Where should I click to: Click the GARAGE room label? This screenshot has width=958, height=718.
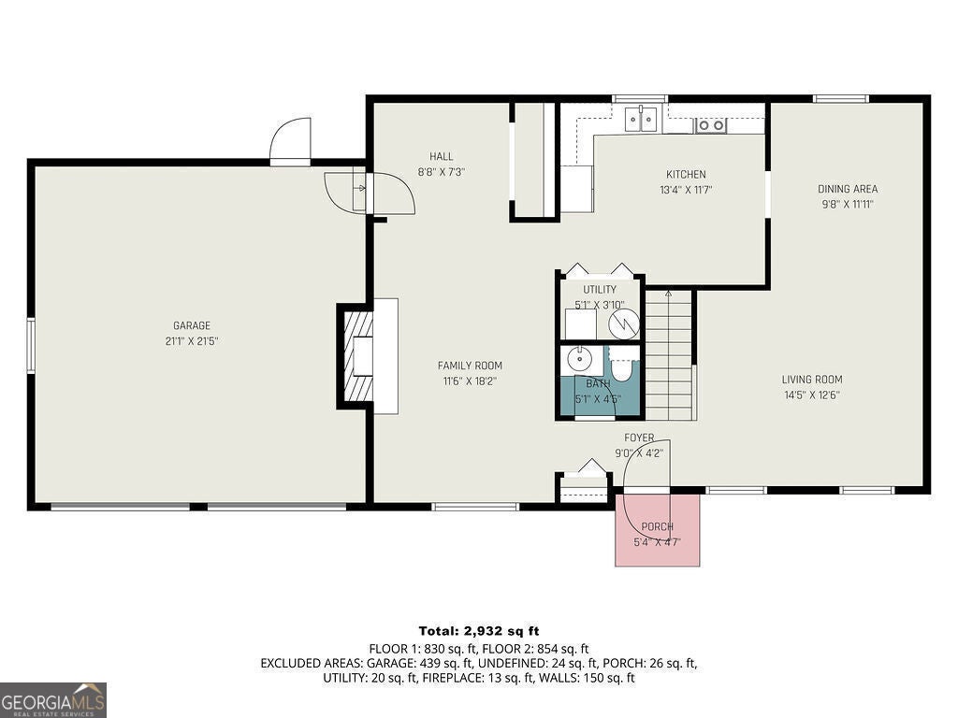tap(192, 325)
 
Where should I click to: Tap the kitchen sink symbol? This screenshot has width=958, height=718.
tap(640, 119)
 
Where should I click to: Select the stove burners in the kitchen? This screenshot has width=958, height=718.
tap(711, 125)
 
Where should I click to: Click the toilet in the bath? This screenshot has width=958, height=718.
tap(622, 367)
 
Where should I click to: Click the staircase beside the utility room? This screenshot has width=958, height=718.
tap(669, 354)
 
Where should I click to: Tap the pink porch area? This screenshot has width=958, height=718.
tap(657, 530)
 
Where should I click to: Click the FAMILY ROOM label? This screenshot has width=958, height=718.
tap(470, 366)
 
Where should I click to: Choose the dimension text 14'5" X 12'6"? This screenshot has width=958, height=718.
tap(812, 395)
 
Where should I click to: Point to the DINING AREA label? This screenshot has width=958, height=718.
tap(848, 189)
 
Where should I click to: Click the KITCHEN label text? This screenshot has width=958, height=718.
tap(686, 174)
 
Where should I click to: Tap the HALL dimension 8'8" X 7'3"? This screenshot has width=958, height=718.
tap(442, 172)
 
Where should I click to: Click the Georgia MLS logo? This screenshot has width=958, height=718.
tap(53, 700)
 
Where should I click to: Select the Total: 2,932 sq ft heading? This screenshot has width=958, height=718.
tap(479, 631)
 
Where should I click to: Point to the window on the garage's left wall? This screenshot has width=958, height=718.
tap(31, 345)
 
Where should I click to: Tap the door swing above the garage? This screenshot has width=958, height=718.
tap(291, 139)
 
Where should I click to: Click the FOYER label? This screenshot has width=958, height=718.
tap(639, 438)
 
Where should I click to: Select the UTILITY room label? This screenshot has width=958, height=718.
tap(600, 290)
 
